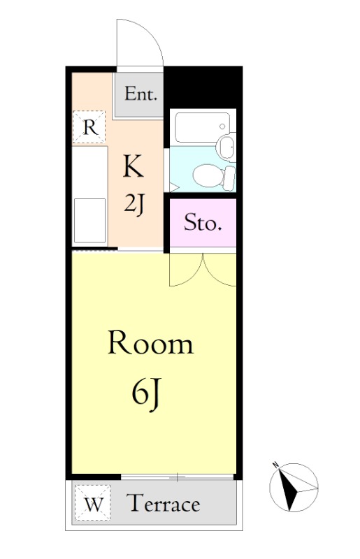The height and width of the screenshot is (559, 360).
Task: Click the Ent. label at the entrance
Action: [141, 94]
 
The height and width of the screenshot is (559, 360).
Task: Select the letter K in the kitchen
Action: [133, 166]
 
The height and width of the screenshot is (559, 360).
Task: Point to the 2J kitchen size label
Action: [134, 205]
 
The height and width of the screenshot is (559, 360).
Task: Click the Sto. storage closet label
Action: [201, 223]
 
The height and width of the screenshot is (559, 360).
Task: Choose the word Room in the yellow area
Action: [150, 342]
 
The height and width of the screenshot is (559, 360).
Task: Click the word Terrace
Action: [164, 503]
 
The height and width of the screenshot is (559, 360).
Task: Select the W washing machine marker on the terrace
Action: [92, 503]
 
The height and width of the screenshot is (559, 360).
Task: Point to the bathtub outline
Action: [202, 128]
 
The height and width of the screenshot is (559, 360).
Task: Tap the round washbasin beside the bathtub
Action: [226, 147]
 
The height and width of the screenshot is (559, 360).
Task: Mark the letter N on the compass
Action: [275, 465]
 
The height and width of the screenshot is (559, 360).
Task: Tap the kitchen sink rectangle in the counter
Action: [89, 220]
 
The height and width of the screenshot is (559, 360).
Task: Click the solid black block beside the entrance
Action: [203, 87]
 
